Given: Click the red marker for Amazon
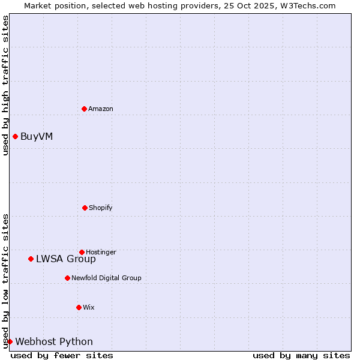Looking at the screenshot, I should coord(84,109).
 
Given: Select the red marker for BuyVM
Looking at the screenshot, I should coord(15,136).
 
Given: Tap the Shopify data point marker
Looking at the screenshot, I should coord(85,208).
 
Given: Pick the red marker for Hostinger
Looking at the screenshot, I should coord(82,252).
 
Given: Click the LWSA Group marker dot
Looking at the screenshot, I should coord(31,259).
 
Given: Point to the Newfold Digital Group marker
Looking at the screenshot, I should coord(67,278).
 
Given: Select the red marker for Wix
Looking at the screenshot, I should coord(79,307).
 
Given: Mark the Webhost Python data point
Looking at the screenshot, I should coord(10,341).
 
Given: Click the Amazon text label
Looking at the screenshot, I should coord(101,109).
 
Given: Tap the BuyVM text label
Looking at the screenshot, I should coord(37,136).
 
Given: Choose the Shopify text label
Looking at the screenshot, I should coord(101,208).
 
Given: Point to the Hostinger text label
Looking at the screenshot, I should coord(101,252).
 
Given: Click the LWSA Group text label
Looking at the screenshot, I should coord(66,259).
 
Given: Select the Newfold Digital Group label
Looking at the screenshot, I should coord(106,278).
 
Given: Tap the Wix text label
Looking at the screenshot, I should coord(89,307).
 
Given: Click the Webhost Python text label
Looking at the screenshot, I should coord(54,342).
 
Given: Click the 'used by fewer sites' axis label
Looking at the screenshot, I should coord(62,355).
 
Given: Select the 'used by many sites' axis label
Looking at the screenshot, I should coord(301,355).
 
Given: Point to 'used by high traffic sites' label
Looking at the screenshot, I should coord(5,85).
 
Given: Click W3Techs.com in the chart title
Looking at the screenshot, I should coord(306,5).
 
